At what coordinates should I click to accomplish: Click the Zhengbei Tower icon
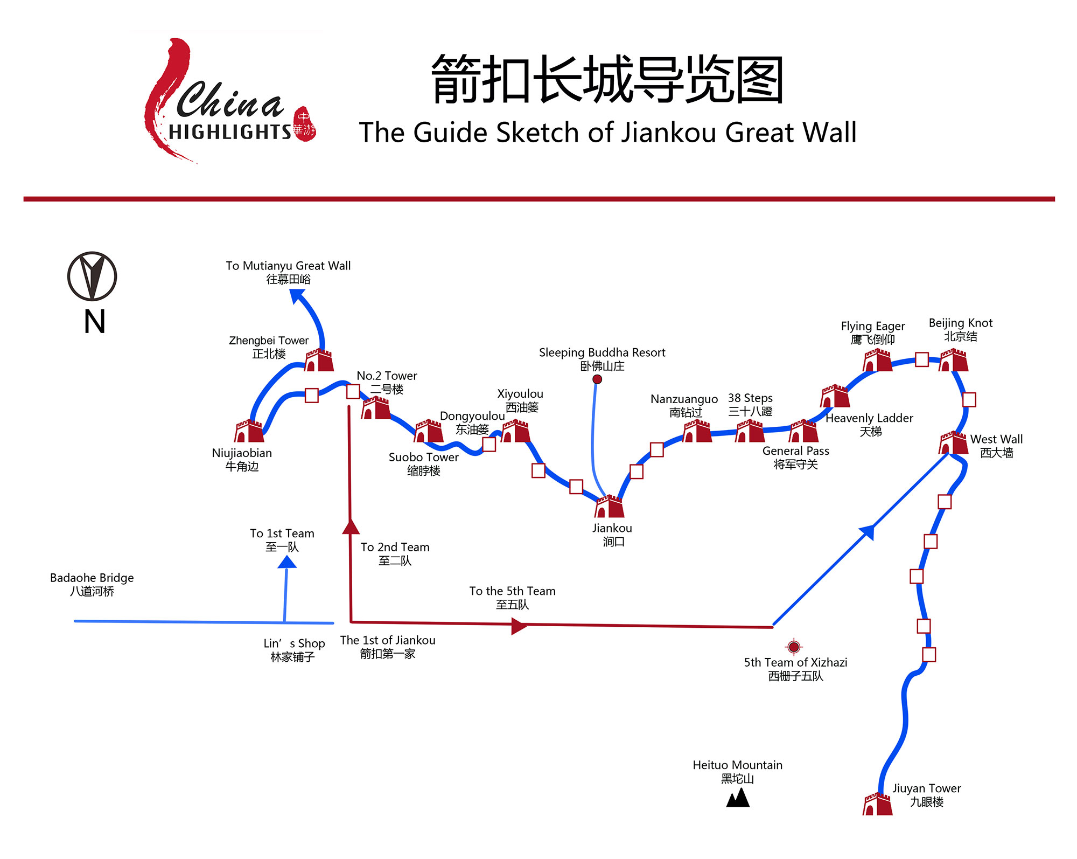pos(319,360)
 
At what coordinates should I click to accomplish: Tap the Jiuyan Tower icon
pos(878,804)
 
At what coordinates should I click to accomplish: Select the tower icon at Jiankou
pos(610,507)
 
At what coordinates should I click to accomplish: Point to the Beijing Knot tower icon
pos(954,360)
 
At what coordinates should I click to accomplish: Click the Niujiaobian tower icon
pos(249,431)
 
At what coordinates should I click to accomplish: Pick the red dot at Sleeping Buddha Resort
pos(597,379)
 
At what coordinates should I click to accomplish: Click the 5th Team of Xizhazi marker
pos(794,646)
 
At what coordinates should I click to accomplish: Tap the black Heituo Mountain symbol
pos(738,798)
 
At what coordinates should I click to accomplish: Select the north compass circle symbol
pos(92,276)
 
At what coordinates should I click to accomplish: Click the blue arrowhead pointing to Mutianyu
pos(297,295)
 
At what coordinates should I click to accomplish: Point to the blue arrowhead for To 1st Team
pos(287,562)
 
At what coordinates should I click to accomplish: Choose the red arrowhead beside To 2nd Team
pos(351,527)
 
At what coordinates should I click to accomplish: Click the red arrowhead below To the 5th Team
pos(518,626)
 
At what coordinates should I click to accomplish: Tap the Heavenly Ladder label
pos(869,424)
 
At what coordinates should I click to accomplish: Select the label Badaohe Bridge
pos(92,584)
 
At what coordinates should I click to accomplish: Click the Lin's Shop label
pos(294,650)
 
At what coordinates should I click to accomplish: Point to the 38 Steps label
pos(750,405)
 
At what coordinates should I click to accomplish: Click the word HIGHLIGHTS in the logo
pos(230,131)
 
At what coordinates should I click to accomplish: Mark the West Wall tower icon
pos(954,443)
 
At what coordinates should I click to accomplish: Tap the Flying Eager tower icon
pos(878,360)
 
